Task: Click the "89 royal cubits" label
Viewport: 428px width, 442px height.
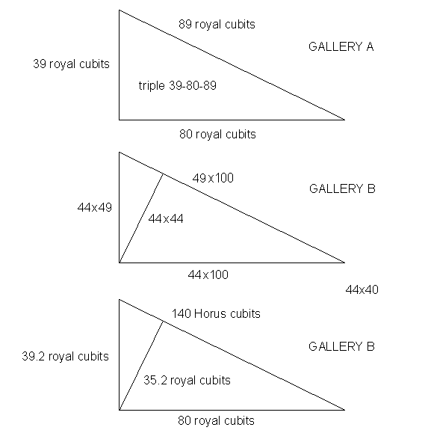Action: tap(217, 25)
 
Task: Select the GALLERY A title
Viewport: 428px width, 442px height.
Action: tap(341, 47)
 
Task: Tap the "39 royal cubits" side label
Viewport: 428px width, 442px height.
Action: tap(71, 64)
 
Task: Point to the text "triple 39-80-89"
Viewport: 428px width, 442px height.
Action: tap(177, 85)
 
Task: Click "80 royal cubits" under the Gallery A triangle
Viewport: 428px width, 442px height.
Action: tap(217, 135)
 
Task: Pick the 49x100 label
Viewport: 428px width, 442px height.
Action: tap(213, 178)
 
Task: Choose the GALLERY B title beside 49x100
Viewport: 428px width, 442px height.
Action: tap(342, 189)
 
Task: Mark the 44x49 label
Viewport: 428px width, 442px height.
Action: tap(95, 207)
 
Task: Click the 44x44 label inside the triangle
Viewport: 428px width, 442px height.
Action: tap(166, 218)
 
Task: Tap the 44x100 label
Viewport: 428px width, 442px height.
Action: tap(208, 274)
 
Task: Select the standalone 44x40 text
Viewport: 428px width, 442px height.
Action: tap(362, 289)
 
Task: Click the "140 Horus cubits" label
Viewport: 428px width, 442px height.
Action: tap(216, 314)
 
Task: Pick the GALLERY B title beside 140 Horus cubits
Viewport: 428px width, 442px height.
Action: tap(341, 347)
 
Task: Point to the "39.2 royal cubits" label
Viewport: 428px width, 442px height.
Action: tap(65, 357)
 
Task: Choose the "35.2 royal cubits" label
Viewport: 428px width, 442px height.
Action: tap(187, 381)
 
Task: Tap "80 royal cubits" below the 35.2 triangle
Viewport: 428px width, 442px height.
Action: tap(217, 421)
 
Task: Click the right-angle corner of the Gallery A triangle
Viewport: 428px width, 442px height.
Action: tap(119, 120)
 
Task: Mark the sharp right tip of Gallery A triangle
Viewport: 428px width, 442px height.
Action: tap(345, 120)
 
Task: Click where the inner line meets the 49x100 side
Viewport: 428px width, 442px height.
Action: tap(163, 174)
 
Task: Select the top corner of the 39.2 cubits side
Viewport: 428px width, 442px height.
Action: tap(119, 299)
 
